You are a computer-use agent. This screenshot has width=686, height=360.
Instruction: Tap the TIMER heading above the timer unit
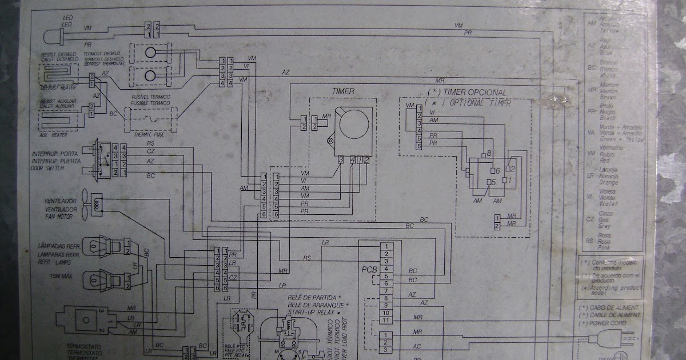point(343,91)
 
